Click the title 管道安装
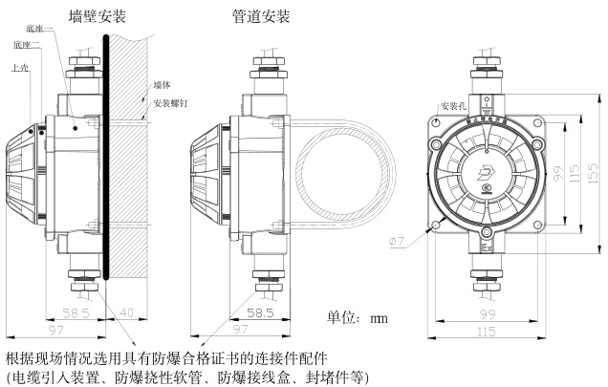click(x=261, y=16)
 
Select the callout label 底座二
click(x=26, y=45)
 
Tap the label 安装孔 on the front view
click(x=454, y=105)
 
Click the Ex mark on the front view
click(x=486, y=248)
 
